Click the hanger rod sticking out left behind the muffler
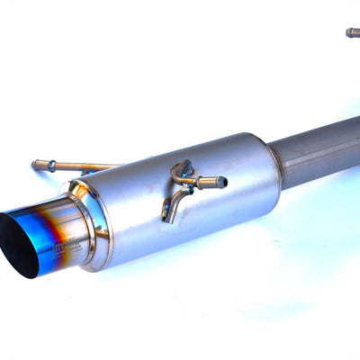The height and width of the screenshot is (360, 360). click(76, 166)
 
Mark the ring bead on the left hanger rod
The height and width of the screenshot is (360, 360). click(51, 165)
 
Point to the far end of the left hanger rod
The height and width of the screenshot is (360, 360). click(36, 164)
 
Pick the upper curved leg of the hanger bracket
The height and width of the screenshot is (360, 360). click(183, 167)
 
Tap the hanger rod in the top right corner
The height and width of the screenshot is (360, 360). click(353, 33)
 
